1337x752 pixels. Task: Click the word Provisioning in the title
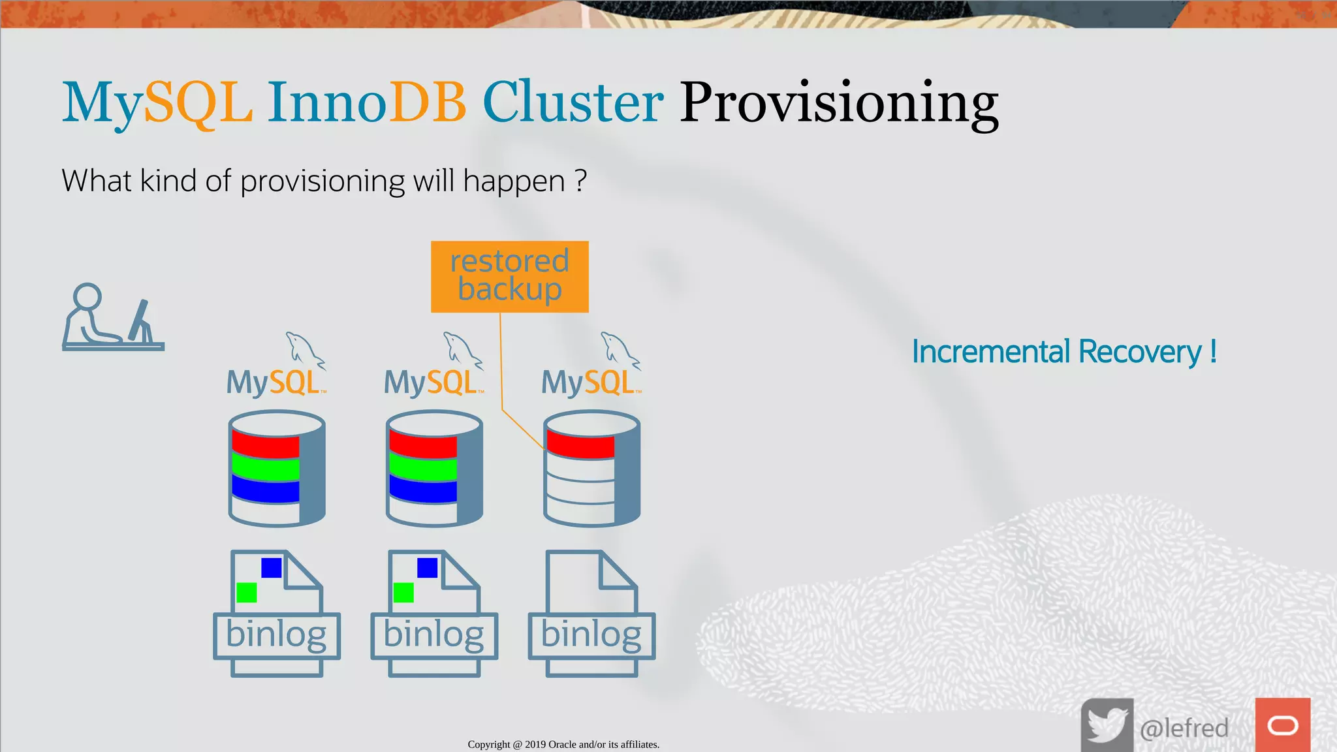[x=839, y=103]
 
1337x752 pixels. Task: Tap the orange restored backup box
[x=509, y=276]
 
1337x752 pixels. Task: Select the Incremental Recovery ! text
[x=1063, y=352]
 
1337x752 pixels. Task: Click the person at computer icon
[x=112, y=317]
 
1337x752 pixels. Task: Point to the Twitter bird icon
[x=1107, y=725]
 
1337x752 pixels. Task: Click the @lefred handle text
[x=1184, y=728]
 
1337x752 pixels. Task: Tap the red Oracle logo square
[x=1282, y=725]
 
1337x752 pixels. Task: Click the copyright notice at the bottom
[x=563, y=744]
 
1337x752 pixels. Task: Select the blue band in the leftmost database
[x=265, y=490]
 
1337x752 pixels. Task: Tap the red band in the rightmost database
[x=580, y=445]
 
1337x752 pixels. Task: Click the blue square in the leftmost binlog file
[x=271, y=567]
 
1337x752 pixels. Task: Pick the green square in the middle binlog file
[x=403, y=592]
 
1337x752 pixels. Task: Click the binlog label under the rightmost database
[x=591, y=635]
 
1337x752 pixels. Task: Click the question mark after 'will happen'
[x=580, y=180]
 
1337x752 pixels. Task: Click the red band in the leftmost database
[x=265, y=445]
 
